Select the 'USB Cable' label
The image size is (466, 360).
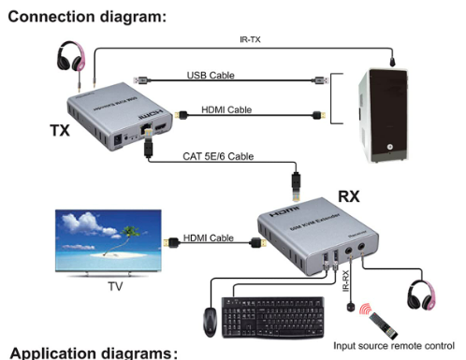tap(216, 75)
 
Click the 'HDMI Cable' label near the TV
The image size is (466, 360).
tap(208, 238)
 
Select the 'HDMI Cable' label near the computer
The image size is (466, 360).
tap(226, 110)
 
